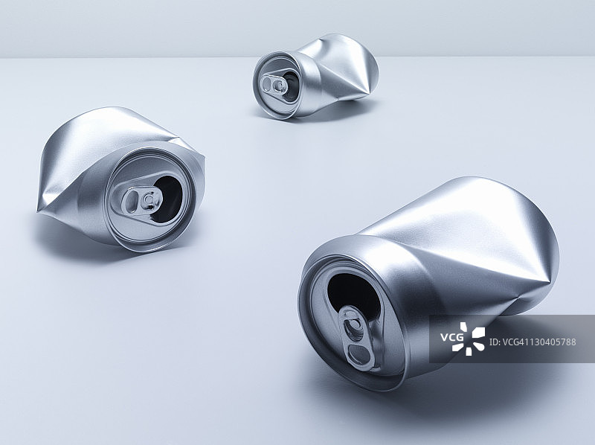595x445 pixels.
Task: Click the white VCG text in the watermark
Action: coord(451,337)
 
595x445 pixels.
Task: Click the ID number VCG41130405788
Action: coord(533,342)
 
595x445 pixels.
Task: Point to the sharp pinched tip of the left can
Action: coord(38,210)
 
